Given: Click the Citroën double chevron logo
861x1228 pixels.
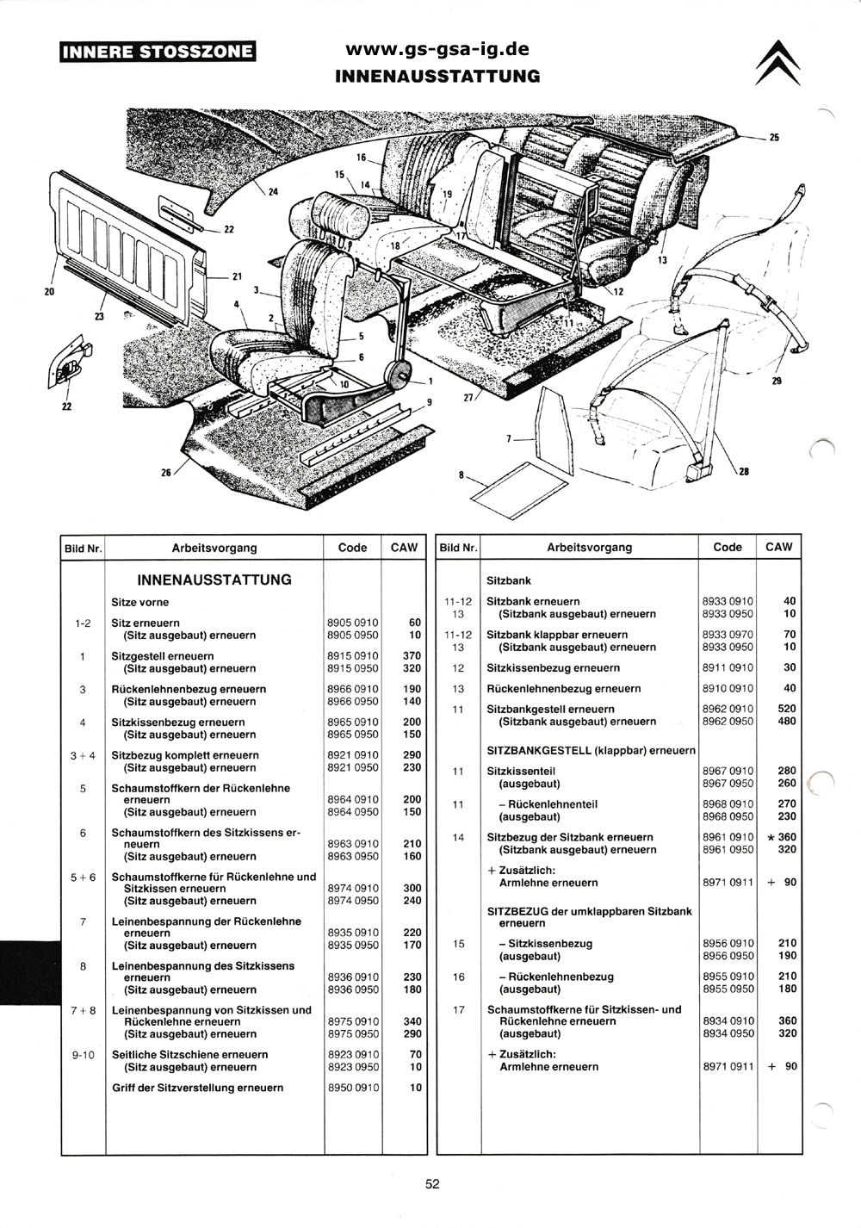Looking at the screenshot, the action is tap(777, 63).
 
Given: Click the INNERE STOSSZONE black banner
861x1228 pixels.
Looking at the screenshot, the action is tap(158, 52).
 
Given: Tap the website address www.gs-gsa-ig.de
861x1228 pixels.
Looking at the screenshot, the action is tap(437, 49).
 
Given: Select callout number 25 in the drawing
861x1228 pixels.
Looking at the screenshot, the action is tap(774, 138).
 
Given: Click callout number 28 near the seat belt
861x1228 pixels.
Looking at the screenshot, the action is tap(744, 471).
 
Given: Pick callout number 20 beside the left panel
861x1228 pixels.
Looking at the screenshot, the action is tap(49, 292).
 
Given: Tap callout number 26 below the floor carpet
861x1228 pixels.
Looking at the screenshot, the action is tap(166, 472).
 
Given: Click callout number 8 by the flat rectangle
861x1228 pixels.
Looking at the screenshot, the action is tap(461, 474).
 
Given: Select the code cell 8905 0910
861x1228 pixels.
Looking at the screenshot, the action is tap(352, 623).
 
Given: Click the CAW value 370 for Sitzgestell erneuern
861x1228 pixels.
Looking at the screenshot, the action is tap(412, 655).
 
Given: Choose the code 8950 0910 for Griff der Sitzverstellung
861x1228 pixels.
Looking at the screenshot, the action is tap(353, 1088).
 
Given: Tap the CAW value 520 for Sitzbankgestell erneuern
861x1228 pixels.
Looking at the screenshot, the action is tap(787, 709).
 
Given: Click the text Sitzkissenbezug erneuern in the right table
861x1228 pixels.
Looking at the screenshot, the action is tap(553, 667).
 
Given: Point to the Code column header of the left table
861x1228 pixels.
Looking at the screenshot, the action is tap(352, 547).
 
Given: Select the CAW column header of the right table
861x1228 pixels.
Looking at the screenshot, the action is tap(779, 547).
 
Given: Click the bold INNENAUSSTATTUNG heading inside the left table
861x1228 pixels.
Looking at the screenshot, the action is tap(214, 580).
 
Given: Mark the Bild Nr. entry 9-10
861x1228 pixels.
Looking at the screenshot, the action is tap(84, 1054).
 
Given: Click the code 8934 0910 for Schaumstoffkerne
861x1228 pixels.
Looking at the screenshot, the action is tap(728, 1020).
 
